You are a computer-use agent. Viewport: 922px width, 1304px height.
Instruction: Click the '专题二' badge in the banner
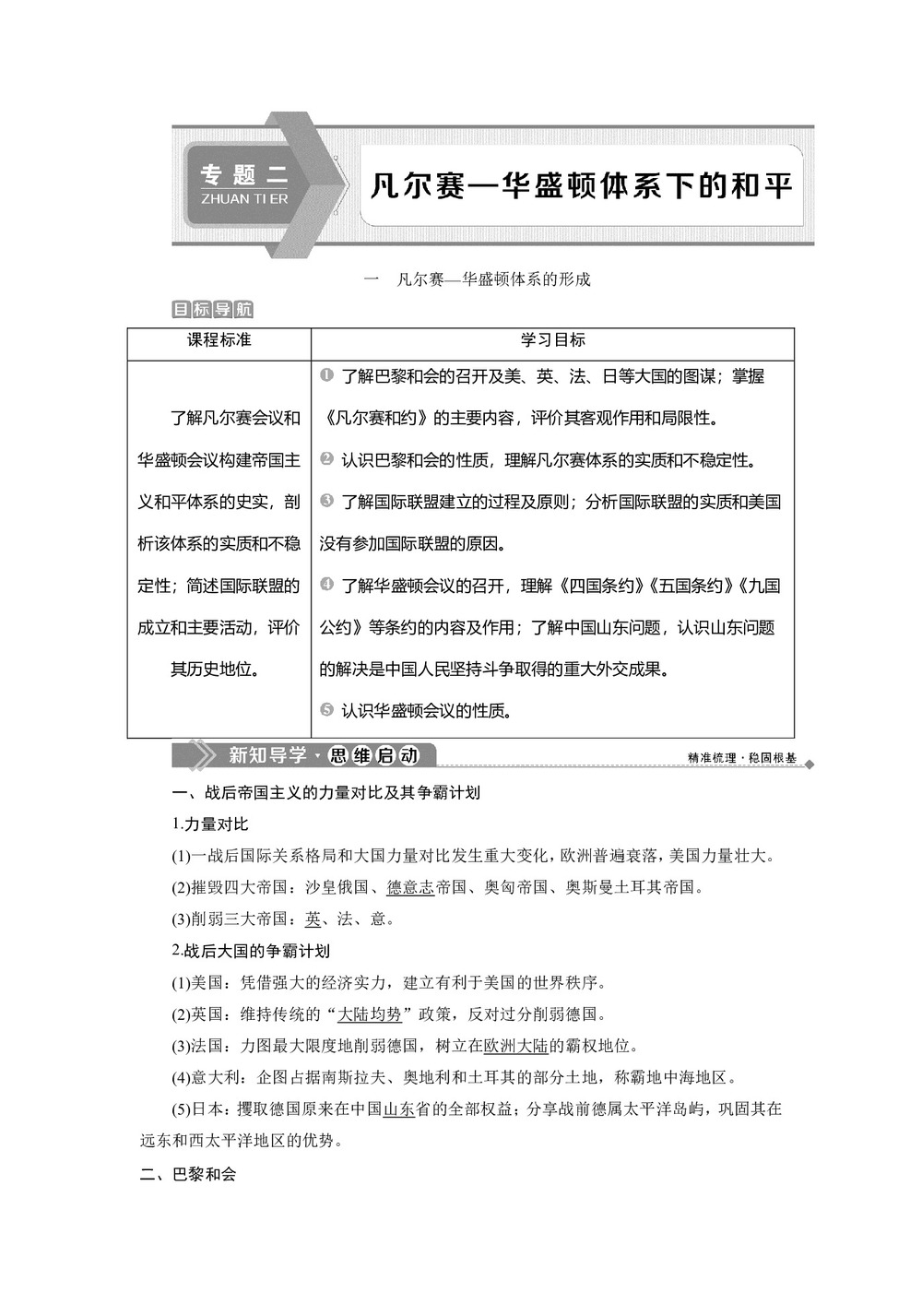click(x=244, y=174)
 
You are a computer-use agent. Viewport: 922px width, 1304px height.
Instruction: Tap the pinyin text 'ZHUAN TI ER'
click(x=244, y=198)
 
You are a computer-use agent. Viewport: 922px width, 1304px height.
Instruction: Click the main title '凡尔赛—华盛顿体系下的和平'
click(x=581, y=185)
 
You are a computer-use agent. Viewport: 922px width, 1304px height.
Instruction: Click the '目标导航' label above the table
click(x=212, y=310)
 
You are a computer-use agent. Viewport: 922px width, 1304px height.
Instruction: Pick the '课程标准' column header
click(x=219, y=340)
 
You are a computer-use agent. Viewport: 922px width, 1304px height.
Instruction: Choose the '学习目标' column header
click(x=552, y=340)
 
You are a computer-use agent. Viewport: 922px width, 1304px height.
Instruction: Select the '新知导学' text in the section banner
click(x=267, y=755)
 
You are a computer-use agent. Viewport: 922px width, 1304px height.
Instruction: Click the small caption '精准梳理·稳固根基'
click(x=741, y=757)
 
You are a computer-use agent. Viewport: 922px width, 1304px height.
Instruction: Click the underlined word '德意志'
click(x=410, y=887)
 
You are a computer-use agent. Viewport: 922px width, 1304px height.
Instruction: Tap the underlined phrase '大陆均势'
click(x=369, y=1014)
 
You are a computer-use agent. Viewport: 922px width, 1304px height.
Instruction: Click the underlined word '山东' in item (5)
click(x=398, y=1108)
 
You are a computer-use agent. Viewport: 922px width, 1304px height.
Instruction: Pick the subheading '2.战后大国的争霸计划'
click(x=251, y=950)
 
